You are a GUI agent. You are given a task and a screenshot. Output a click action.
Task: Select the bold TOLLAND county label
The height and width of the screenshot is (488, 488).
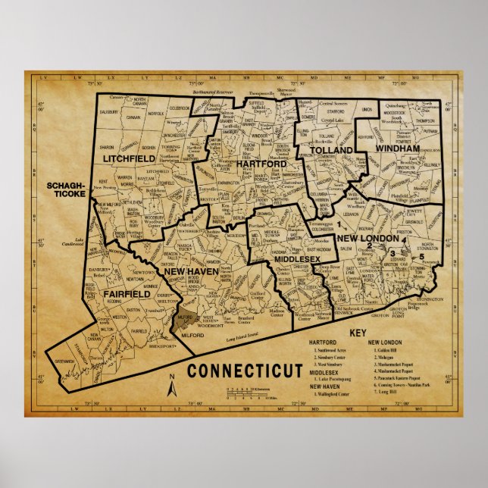coord(331,151)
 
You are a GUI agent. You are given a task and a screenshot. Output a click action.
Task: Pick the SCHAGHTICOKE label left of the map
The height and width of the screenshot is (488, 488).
coord(65,189)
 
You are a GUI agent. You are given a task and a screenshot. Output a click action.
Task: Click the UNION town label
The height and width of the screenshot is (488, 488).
coord(367,111)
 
